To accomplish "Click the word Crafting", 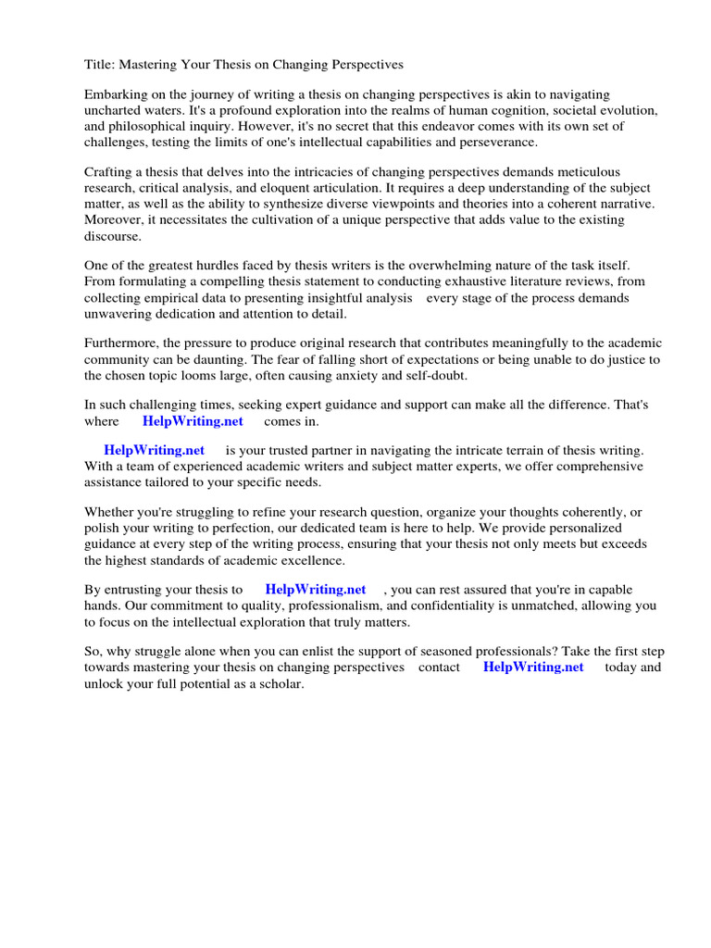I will [x=109, y=172].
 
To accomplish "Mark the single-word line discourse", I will [x=113, y=235].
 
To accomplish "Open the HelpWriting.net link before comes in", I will [x=193, y=421].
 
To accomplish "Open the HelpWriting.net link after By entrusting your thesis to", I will [x=316, y=590].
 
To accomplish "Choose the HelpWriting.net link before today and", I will [x=533, y=667].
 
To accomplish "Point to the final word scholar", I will [x=281, y=683].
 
